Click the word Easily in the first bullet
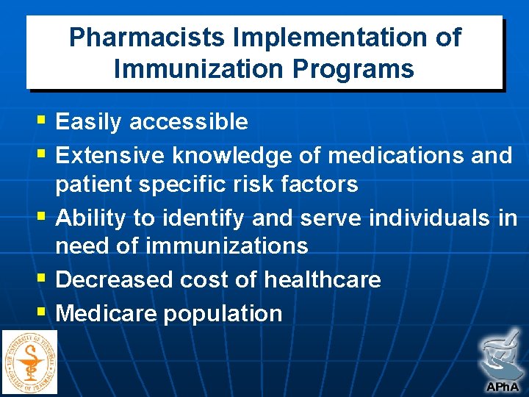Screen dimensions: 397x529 point(89,121)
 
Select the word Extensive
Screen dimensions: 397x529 point(110,155)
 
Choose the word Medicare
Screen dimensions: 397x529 point(107,313)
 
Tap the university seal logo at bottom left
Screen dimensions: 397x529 point(29,362)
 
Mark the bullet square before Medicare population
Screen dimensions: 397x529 point(40,312)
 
